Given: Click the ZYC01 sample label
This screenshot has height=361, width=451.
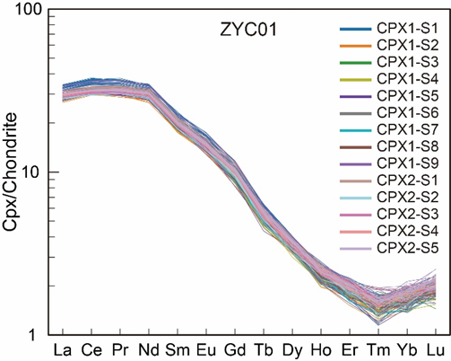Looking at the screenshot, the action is coord(248,30).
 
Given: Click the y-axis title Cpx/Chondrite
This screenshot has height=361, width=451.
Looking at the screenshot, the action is coord(10,172).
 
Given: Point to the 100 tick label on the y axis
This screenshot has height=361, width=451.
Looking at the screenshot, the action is coord(28,10).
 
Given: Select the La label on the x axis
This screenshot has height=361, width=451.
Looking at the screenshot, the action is coord(63,349).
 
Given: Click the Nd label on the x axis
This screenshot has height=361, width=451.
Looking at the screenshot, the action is coord(149,349).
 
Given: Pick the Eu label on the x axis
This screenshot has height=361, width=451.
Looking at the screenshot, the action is coord(206,349).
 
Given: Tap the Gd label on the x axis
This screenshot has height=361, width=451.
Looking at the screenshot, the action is coord(235,349).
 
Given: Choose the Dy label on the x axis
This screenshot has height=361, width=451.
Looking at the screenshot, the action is coord(292,350).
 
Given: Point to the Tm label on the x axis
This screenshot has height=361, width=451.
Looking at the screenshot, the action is coord(378,349).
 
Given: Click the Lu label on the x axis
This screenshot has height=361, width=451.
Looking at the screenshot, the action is coord(436,349).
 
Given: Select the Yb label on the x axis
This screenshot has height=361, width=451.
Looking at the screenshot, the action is coord(407,349).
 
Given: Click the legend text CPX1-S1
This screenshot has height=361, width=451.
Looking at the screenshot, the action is coord(407,29).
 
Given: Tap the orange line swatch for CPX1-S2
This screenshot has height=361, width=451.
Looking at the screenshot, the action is coord(356,46).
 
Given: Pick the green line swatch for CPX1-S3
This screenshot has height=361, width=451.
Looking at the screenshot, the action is coord(356,63).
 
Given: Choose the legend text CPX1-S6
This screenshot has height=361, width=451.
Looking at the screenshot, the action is coord(407,113).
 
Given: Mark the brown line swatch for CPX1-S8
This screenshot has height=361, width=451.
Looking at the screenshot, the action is coord(356,147).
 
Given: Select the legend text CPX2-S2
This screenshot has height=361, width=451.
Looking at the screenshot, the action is coord(407,198).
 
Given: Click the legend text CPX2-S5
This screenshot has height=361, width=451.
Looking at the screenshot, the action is coord(407,248).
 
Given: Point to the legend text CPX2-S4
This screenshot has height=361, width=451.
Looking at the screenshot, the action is coord(407,232).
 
